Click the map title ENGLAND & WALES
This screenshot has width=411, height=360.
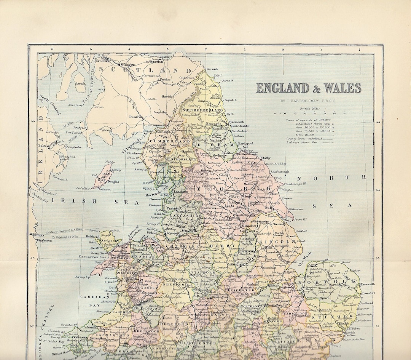pyautogui.click(x=308, y=88)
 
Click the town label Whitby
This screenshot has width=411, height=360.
pyautogui.click(x=266, y=158)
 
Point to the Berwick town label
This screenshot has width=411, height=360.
pyautogui.click(x=212, y=69)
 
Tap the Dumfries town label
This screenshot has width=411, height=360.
pyautogui.click(x=136, y=117)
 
